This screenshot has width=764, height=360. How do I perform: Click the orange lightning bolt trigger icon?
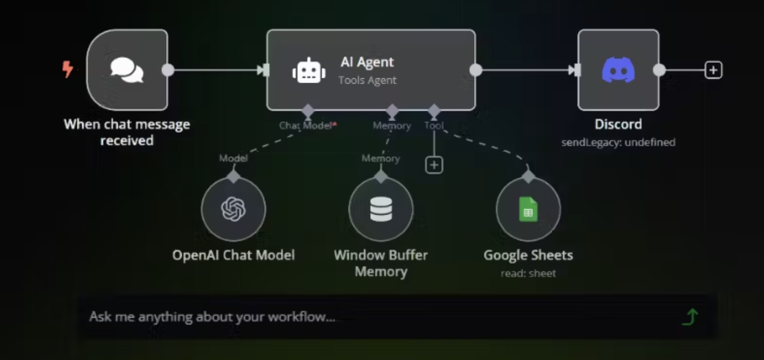68,69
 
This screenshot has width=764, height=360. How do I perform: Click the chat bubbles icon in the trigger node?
127,70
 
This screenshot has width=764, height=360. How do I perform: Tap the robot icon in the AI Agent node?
309,71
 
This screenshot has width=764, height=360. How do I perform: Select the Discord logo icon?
618,70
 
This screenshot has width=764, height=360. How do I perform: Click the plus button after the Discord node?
713,70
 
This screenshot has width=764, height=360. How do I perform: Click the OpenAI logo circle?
233,209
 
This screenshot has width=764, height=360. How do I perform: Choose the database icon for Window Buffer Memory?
381,209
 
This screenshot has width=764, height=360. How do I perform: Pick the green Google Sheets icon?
528,209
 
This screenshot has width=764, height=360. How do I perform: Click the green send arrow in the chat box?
690,317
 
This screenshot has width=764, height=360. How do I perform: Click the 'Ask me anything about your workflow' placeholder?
212,317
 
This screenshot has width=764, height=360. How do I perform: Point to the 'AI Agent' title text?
367,62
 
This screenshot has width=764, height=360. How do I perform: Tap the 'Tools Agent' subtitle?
367,80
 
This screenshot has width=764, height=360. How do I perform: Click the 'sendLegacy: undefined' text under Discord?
618,142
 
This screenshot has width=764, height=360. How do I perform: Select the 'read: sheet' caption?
528,273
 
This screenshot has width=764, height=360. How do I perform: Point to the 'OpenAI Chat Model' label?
233,255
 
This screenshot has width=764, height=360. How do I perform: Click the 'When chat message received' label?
127,132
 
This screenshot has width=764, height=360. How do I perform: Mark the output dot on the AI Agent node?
476,70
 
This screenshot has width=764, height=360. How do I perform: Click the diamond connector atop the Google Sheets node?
528,177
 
